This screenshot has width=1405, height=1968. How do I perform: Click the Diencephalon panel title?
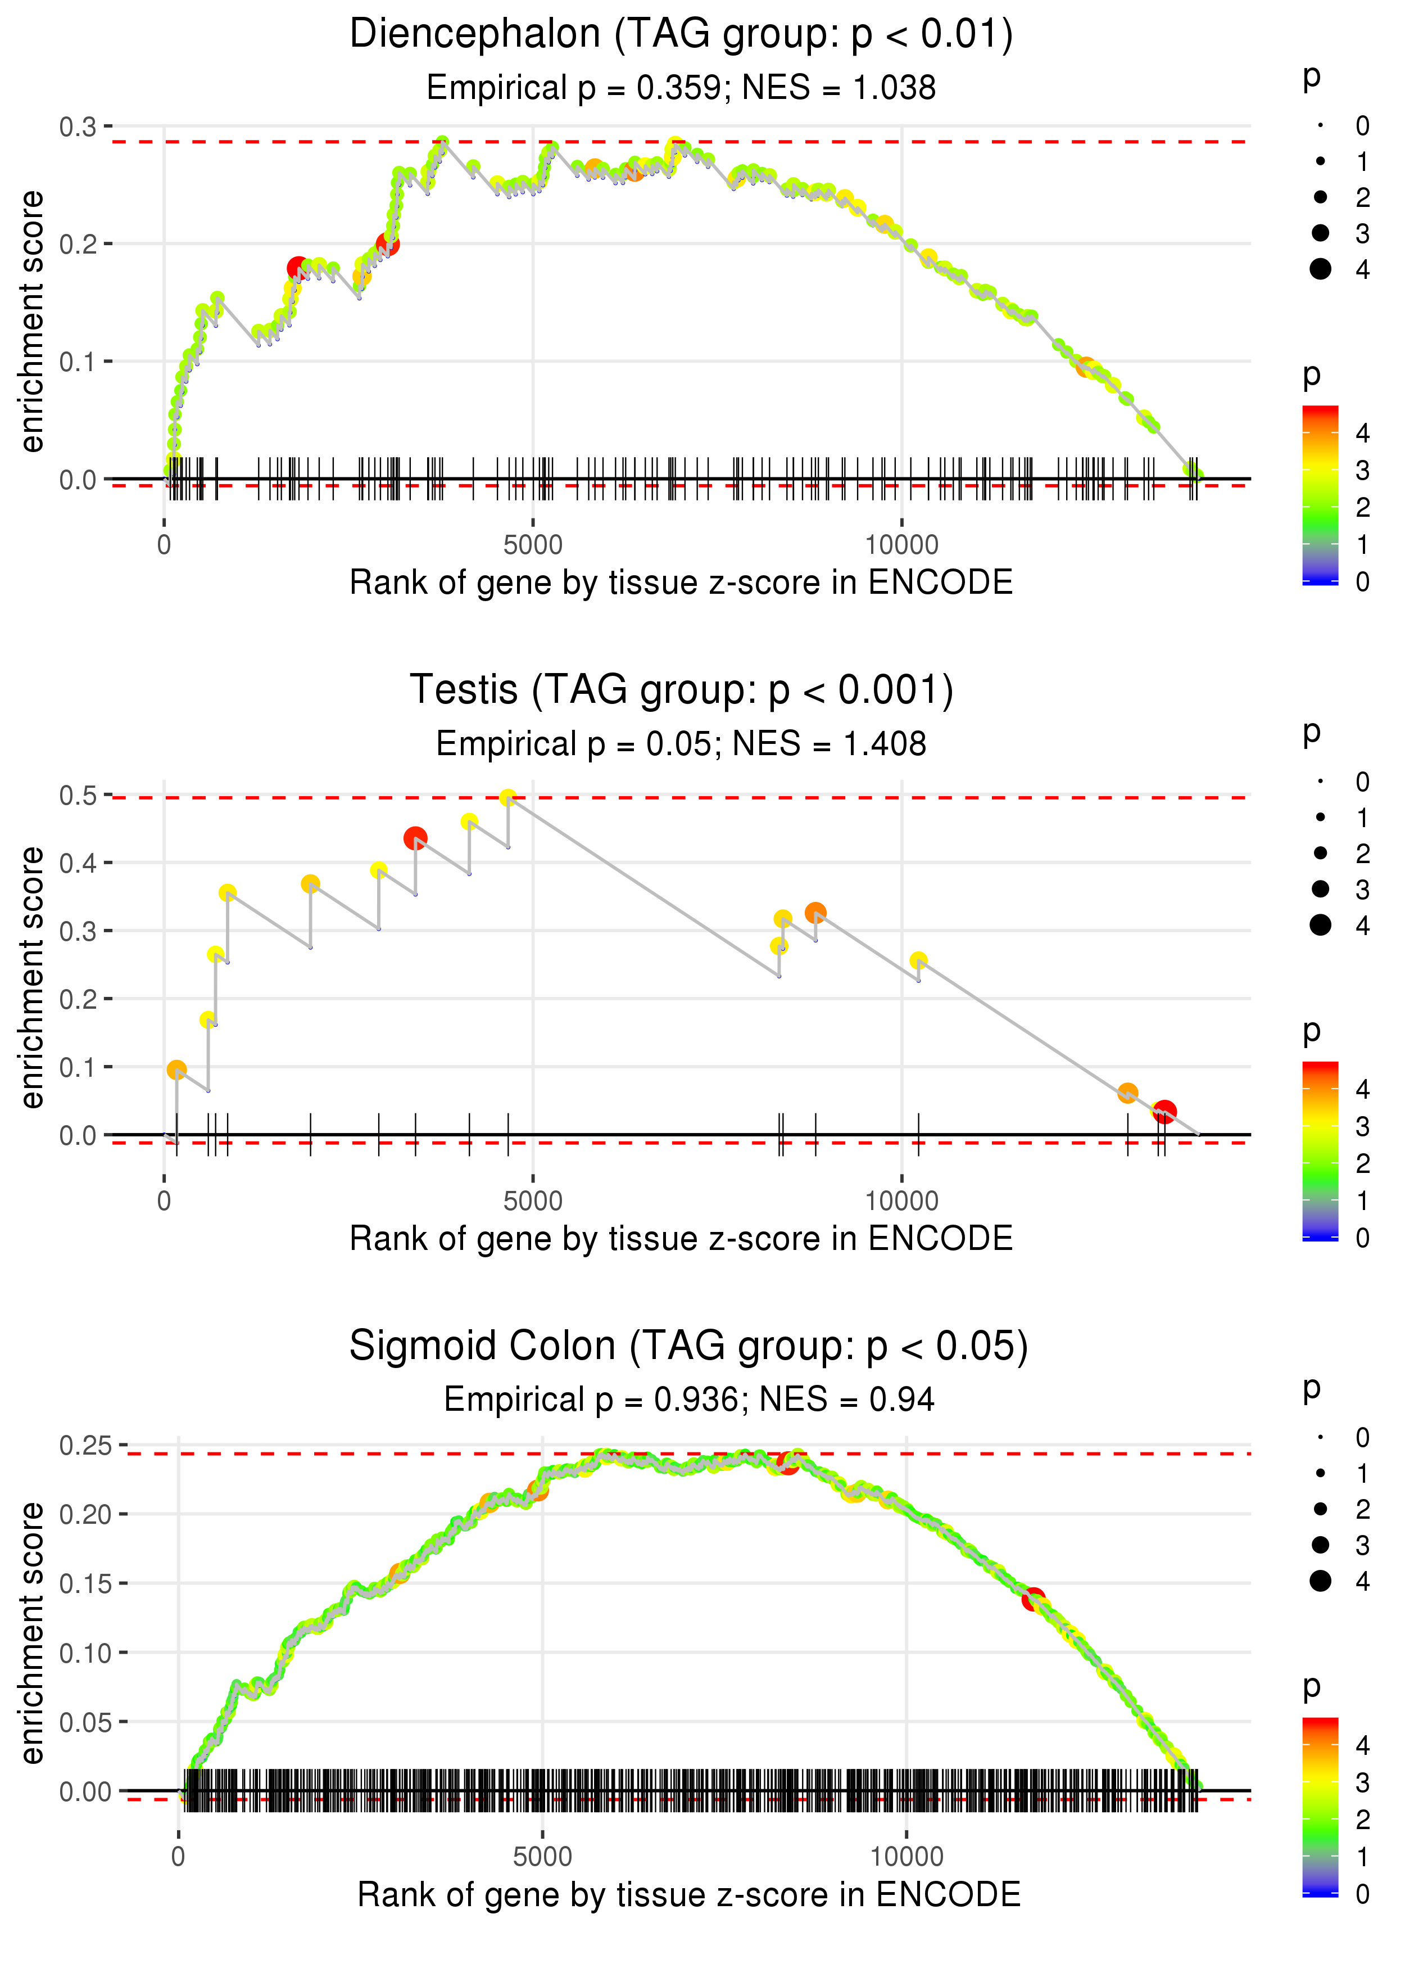coord(681,35)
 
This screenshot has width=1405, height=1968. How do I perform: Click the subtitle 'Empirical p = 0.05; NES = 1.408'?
coord(681,743)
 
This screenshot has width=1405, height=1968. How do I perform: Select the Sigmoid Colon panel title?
coord(688,1346)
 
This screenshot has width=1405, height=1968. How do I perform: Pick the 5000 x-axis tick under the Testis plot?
coord(533,1200)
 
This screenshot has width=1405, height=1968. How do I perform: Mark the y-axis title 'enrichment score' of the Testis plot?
coord(32,977)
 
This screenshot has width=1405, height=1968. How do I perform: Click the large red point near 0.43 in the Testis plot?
coord(415,838)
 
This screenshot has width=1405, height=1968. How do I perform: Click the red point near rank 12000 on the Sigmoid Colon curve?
coord(1033,1599)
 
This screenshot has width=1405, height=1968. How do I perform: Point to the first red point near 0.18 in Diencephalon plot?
coord(298,268)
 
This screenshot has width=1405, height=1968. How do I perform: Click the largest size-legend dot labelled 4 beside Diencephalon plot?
coord(1320,269)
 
